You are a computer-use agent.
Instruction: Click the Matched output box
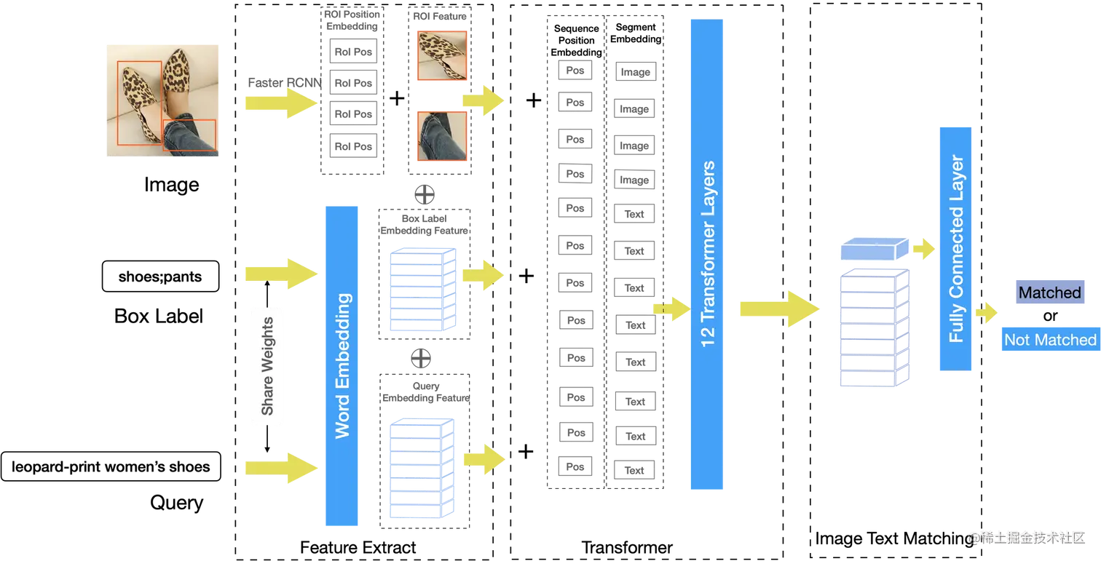click(1049, 293)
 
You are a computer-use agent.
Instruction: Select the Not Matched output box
click(1049, 340)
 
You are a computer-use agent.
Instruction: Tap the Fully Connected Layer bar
click(955, 248)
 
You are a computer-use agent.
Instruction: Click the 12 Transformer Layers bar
click(707, 255)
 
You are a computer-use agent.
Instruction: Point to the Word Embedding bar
click(341, 365)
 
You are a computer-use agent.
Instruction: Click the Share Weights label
click(267, 365)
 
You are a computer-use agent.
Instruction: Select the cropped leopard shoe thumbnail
click(441, 56)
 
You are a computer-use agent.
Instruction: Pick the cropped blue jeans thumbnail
click(441, 135)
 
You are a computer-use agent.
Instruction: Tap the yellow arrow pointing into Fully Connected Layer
click(923, 248)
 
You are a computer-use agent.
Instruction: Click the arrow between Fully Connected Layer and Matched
click(987, 314)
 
